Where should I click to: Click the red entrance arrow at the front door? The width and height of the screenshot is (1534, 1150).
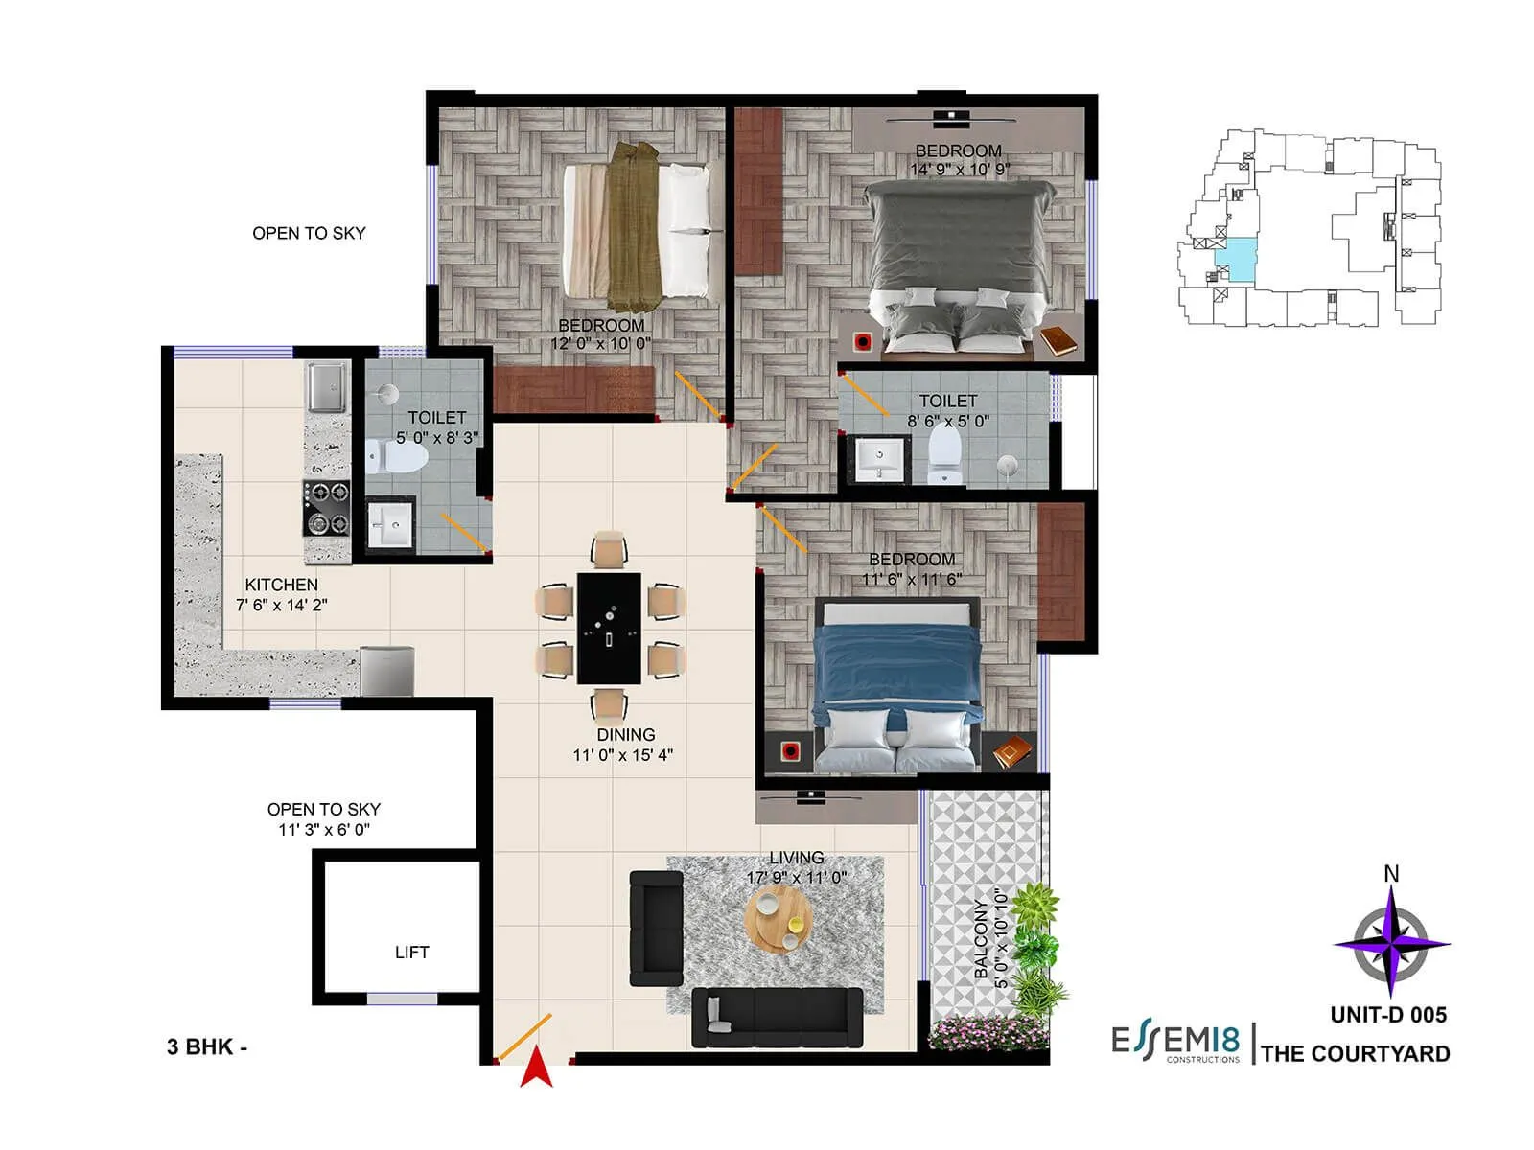[537, 1069]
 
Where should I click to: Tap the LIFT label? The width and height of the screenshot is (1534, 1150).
[411, 952]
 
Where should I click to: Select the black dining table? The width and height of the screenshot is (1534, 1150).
[609, 628]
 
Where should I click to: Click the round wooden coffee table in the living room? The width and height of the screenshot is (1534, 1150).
[778, 916]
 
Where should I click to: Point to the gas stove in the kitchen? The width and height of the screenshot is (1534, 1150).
[327, 508]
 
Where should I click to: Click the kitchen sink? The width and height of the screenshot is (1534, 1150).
[327, 386]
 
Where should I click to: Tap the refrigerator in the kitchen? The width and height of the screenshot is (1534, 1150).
[387, 670]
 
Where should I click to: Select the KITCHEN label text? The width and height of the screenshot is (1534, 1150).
[281, 585]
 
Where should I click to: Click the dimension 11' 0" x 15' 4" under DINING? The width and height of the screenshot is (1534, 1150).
[622, 755]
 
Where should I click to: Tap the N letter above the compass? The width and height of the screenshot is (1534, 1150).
[1391, 874]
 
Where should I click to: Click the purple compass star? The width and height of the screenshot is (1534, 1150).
[1391, 942]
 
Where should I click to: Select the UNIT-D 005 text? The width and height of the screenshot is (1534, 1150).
[1388, 1014]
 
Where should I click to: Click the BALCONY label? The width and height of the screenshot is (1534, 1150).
[980, 939]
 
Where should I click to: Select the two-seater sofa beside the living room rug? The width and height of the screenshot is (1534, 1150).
[656, 929]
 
